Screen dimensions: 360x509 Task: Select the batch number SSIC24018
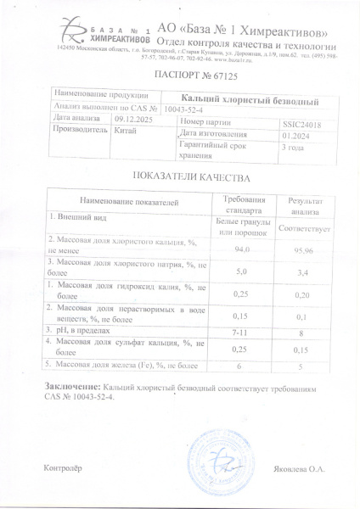(x=298, y=122)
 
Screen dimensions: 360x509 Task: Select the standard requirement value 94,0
(x=244, y=249)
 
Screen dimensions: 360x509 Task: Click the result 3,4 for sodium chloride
(x=304, y=271)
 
